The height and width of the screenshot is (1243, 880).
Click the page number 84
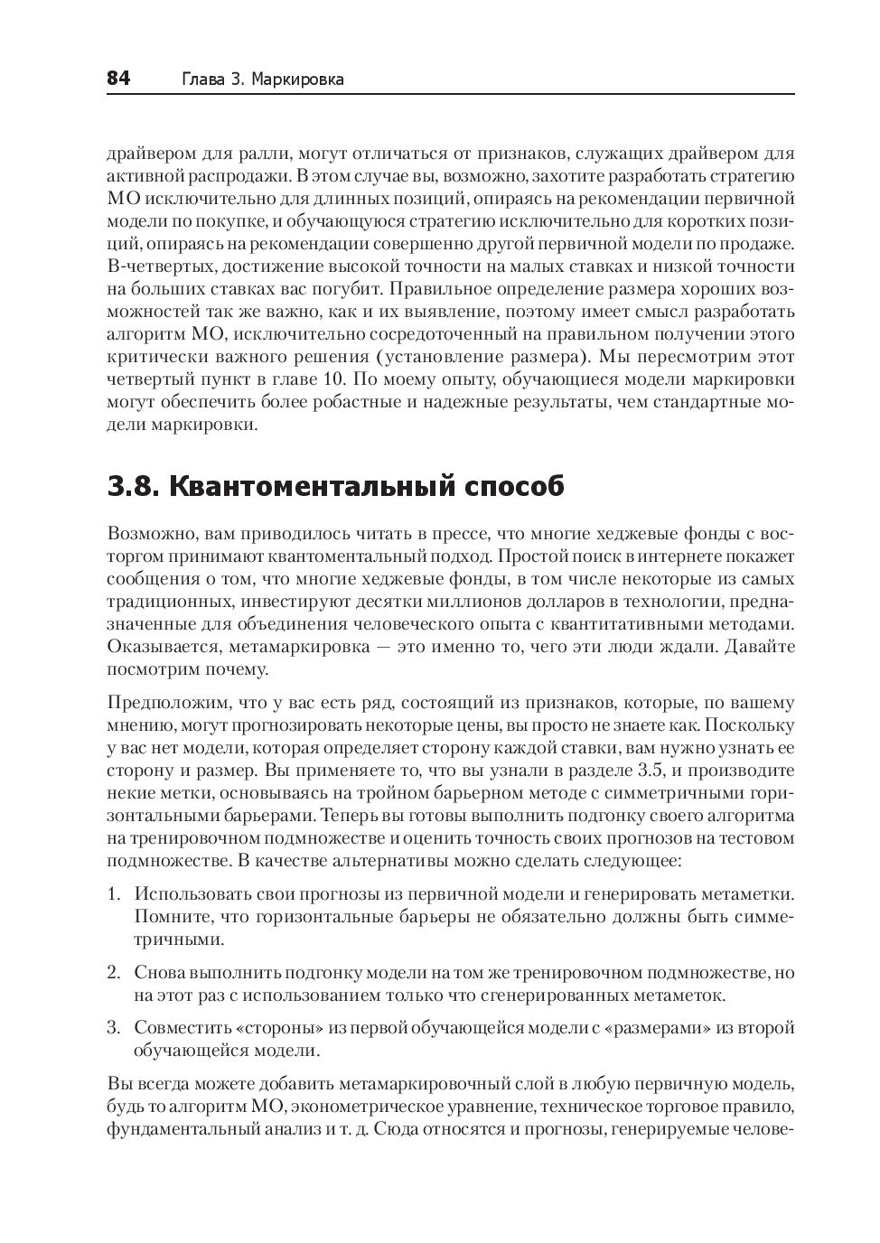(x=118, y=79)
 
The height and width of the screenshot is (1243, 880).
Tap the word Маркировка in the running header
(x=298, y=79)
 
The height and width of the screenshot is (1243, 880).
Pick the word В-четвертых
(x=152, y=266)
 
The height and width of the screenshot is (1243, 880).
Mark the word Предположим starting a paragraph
(x=164, y=702)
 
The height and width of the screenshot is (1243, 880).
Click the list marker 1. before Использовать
(x=114, y=893)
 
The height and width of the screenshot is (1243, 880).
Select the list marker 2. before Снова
(x=114, y=973)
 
